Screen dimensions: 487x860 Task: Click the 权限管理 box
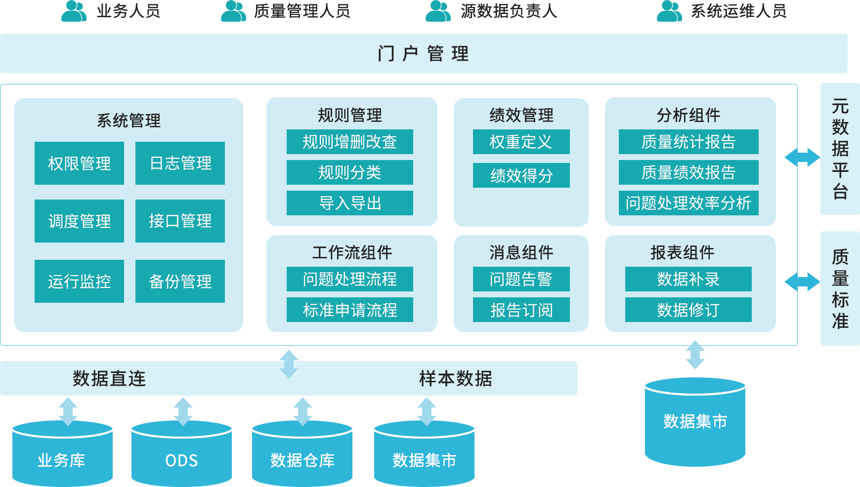click(x=79, y=163)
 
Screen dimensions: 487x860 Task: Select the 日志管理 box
click(x=180, y=163)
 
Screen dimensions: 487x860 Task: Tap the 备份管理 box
click(x=180, y=282)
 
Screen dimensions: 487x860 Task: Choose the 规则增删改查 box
click(x=349, y=142)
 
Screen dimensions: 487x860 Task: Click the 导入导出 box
click(x=349, y=203)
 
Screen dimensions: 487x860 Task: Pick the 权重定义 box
click(x=521, y=142)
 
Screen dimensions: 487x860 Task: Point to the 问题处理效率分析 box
click(x=688, y=203)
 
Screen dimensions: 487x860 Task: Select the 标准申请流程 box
click(x=349, y=310)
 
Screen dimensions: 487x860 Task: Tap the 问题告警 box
click(x=521, y=280)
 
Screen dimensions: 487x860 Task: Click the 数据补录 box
click(x=688, y=280)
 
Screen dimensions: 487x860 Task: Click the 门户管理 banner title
click(x=423, y=53)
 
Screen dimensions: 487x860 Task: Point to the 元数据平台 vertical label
click(x=840, y=149)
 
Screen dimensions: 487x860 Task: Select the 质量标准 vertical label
click(x=840, y=288)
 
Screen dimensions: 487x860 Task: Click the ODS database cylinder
click(x=181, y=454)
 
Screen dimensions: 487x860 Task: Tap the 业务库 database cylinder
click(x=62, y=454)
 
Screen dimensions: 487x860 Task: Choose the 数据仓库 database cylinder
click(x=302, y=454)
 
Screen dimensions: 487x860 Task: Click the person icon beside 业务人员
click(x=74, y=11)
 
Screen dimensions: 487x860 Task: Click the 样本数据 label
click(x=455, y=379)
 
